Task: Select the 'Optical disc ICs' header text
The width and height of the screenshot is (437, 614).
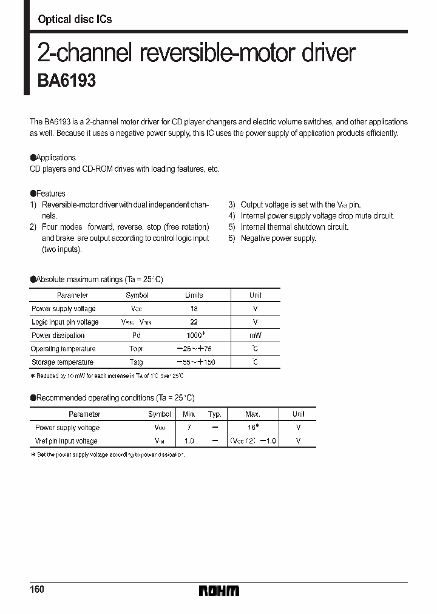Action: pos(75,19)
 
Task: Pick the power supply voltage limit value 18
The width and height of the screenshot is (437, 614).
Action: pos(194,309)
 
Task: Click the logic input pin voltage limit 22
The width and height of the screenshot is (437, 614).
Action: pos(194,322)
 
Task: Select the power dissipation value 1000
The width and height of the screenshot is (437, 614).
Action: pos(194,336)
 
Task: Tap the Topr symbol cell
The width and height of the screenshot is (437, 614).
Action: pos(137,349)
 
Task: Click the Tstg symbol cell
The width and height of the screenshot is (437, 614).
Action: pos(137,362)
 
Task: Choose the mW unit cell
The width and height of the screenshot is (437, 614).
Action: pos(255,336)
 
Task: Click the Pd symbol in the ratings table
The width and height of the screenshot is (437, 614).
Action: pos(137,336)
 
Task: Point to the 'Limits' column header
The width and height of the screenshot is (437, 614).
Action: pos(194,295)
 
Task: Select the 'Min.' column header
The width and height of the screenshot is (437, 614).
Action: pos(189,414)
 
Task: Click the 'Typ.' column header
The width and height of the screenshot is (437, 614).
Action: pos(215,414)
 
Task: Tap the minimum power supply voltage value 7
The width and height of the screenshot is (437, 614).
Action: pos(189,428)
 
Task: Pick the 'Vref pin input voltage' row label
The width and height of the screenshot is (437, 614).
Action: pos(66,441)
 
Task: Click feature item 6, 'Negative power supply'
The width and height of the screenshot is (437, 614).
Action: pos(278,238)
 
